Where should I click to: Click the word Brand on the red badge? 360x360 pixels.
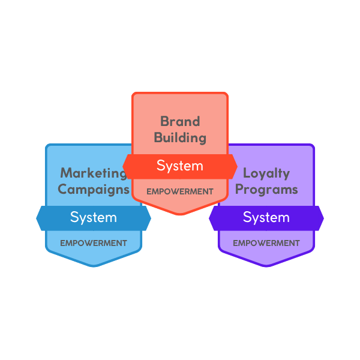180,121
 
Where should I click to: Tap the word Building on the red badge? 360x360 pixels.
180,137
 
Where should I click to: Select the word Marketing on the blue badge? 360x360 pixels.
94,173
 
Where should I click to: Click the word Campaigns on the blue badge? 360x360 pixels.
94,190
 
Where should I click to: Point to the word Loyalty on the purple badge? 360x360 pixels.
266,173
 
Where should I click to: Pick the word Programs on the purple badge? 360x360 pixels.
266,190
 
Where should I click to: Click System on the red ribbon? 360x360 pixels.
180,166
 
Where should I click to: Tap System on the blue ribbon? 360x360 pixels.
94,217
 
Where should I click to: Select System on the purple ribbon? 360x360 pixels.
266,217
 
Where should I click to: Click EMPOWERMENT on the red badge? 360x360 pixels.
180,191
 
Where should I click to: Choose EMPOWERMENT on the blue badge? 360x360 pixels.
94,243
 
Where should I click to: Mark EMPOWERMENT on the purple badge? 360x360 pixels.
266,243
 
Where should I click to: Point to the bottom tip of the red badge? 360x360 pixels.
180,213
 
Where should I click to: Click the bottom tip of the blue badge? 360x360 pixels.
94,265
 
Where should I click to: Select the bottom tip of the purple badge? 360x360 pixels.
266,265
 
